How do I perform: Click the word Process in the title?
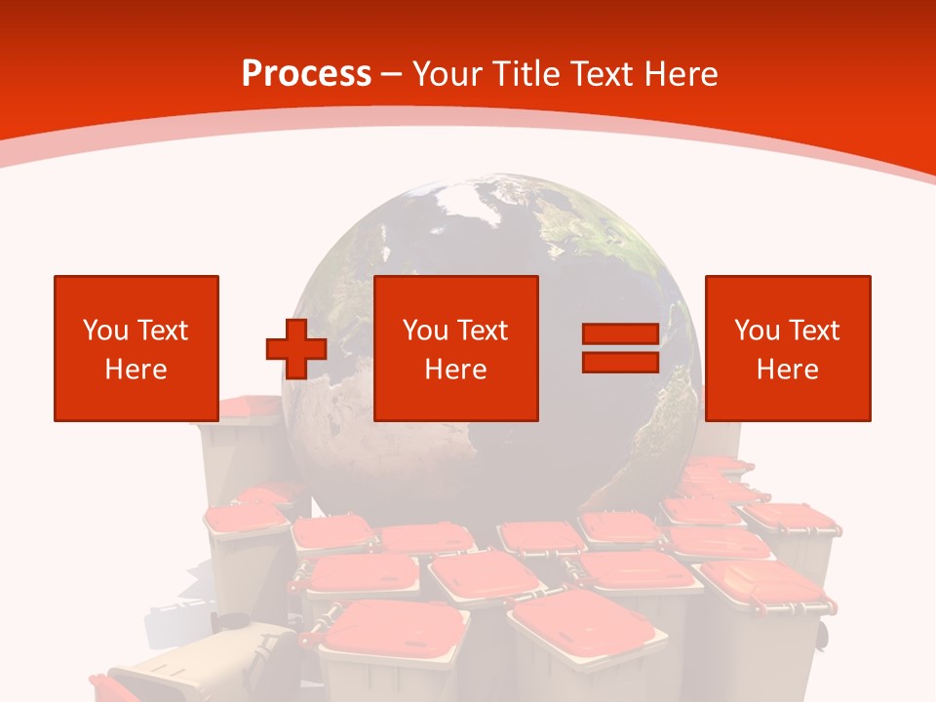306,74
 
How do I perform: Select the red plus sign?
296,348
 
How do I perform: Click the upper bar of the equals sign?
620,333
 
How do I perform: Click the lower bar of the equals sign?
620,362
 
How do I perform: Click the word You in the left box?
105,331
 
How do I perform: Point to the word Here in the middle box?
456,370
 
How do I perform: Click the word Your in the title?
448,74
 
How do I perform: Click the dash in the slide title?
391,74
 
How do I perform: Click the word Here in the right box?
788,370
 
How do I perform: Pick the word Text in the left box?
162,331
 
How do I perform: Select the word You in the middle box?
425,331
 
